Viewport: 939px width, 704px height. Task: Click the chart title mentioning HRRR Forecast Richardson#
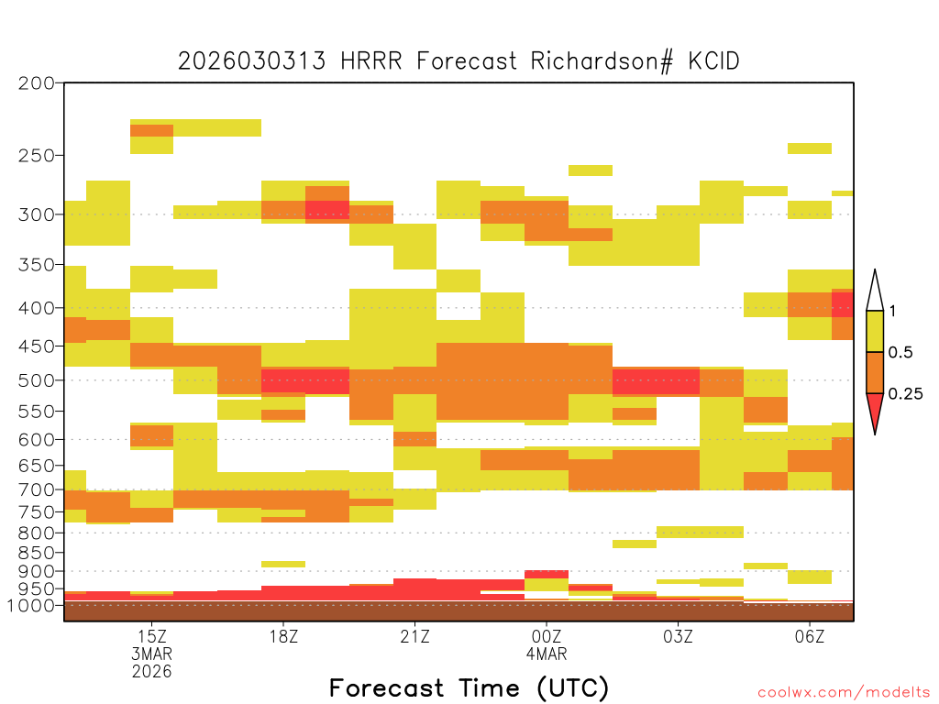(458, 61)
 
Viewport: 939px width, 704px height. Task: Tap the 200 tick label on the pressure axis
(36, 83)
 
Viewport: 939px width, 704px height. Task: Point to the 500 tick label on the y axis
(36, 380)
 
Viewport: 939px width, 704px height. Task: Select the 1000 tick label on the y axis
(30, 606)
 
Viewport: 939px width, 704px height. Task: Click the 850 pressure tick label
(36, 553)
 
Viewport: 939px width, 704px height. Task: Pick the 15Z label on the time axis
(152, 636)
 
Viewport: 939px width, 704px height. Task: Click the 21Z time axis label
(415, 636)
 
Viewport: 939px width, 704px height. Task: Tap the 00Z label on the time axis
(547, 636)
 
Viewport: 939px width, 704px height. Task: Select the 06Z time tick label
(810, 636)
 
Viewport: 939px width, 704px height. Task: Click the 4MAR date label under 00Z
(547, 654)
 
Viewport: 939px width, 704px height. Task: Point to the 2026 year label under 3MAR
(152, 672)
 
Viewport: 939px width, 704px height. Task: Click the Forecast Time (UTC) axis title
(469, 688)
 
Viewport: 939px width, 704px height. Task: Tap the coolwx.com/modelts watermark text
(844, 693)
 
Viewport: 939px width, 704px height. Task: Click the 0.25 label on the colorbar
(905, 394)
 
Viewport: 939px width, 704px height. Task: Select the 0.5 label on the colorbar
(900, 353)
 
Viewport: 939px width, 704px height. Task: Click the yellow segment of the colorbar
(875, 331)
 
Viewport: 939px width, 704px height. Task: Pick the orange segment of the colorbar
(875, 372)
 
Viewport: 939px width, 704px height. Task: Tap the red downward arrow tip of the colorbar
(875, 434)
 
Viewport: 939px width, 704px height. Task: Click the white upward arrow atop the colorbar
(875, 291)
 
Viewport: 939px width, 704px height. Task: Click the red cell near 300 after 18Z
(327, 210)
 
